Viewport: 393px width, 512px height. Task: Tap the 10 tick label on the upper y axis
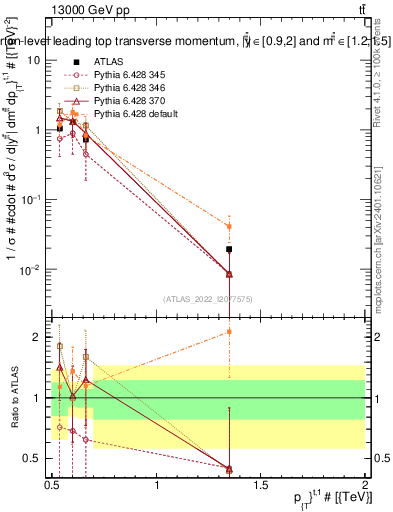click(x=34, y=60)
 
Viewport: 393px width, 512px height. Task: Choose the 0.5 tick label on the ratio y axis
click(x=35, y=459)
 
